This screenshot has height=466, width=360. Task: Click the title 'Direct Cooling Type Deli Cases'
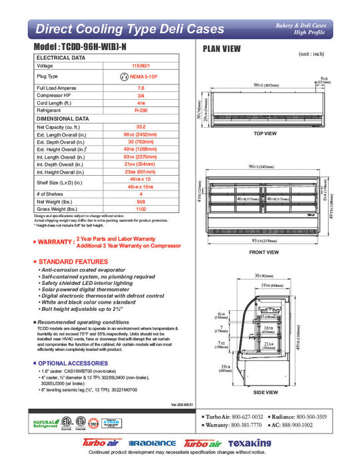point(121,29)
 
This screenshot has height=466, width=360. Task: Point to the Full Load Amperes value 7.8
point(140,88)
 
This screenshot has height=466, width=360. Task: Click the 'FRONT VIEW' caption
point(264,252)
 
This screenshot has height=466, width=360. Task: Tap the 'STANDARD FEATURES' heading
point(69,262)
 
